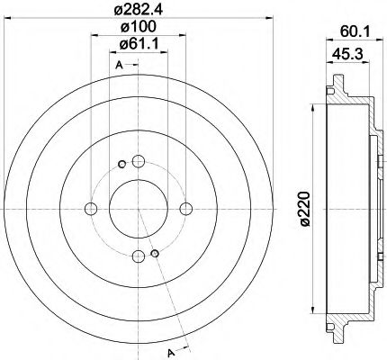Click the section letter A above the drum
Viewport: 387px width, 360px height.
(x=119, y=66)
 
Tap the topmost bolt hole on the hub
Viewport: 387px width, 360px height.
(x=138, y=162)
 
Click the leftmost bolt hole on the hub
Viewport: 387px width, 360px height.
(x=90, y=210)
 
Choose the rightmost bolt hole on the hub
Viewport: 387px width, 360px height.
(x=185, y=210)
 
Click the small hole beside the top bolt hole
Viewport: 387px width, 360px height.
(x=121, y=165)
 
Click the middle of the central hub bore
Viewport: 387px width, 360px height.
(x=138, y=210)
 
